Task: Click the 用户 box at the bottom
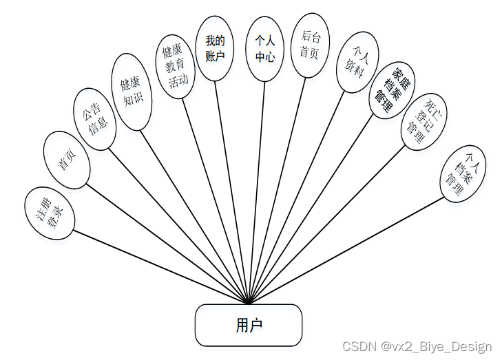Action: click(249, 325)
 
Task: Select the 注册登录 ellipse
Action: click(50, 213)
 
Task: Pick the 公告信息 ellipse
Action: click(94, 118)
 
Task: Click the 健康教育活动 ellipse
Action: click(174, 67)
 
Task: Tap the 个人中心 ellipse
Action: click(265, 49)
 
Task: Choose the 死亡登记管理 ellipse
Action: click(422, 123)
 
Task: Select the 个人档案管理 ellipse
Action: click(463, 173)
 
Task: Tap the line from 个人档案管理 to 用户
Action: click(344, 251)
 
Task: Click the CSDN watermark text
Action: click(417, 346)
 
